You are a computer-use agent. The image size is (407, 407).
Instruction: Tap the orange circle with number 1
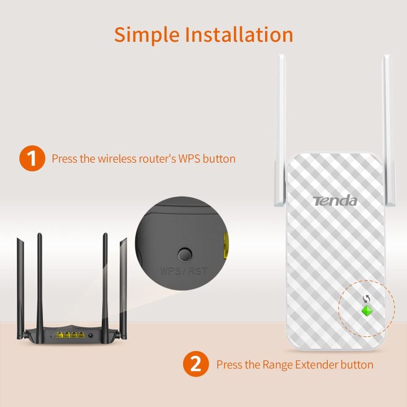pos(32,158)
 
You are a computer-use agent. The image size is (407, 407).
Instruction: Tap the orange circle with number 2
pos(195,364)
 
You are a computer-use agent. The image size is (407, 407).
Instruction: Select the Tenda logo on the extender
pos(335,201)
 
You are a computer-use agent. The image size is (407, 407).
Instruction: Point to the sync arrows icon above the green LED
pos(366,299)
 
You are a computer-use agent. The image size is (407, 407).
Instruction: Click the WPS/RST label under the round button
pos(184,271)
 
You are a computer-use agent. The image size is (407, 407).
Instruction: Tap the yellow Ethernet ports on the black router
pos(70,335)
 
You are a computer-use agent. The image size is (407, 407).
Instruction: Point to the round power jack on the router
pos(91,336)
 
